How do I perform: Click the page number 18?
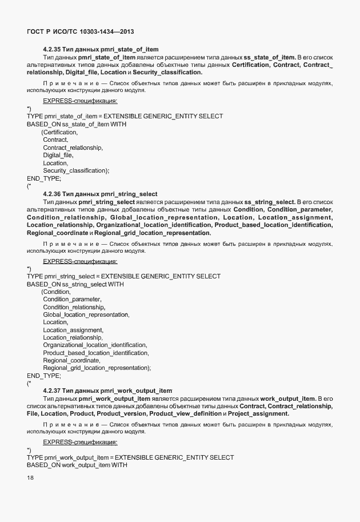click(x=30, y=478)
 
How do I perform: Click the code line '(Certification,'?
click(x=59, y=132)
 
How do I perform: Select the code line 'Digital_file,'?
click(x=58, y=155)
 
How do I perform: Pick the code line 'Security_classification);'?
click(x=76, y=170)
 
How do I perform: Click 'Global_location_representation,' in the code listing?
click(x=86, y=314)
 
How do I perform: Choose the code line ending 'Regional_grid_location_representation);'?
click(x=97, y=368)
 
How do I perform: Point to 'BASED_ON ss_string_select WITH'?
click(x=75, y=284)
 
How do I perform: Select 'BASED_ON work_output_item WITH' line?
click(x=77, y=465)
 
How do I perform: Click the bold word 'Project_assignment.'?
click(x=262, y=413)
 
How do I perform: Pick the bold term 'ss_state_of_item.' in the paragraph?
click(x=270, y=57)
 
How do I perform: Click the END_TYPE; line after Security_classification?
click(x=43, y=178)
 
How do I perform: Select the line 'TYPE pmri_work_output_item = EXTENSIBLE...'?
click(x=130, y=457)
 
